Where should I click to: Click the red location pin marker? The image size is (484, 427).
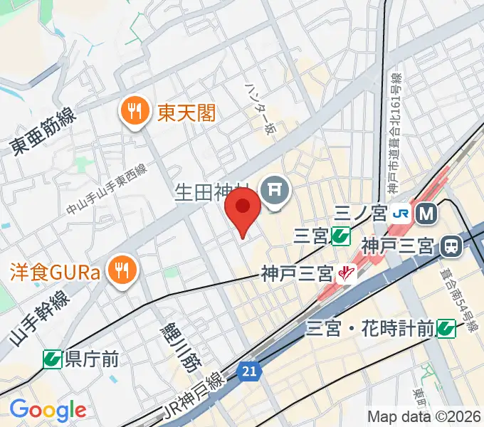coord(242,211)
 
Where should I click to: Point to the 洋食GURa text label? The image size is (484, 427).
coord(56,270)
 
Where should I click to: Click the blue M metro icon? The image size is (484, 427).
coord(427,211)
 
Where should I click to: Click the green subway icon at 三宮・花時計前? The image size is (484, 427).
coord(446,328)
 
